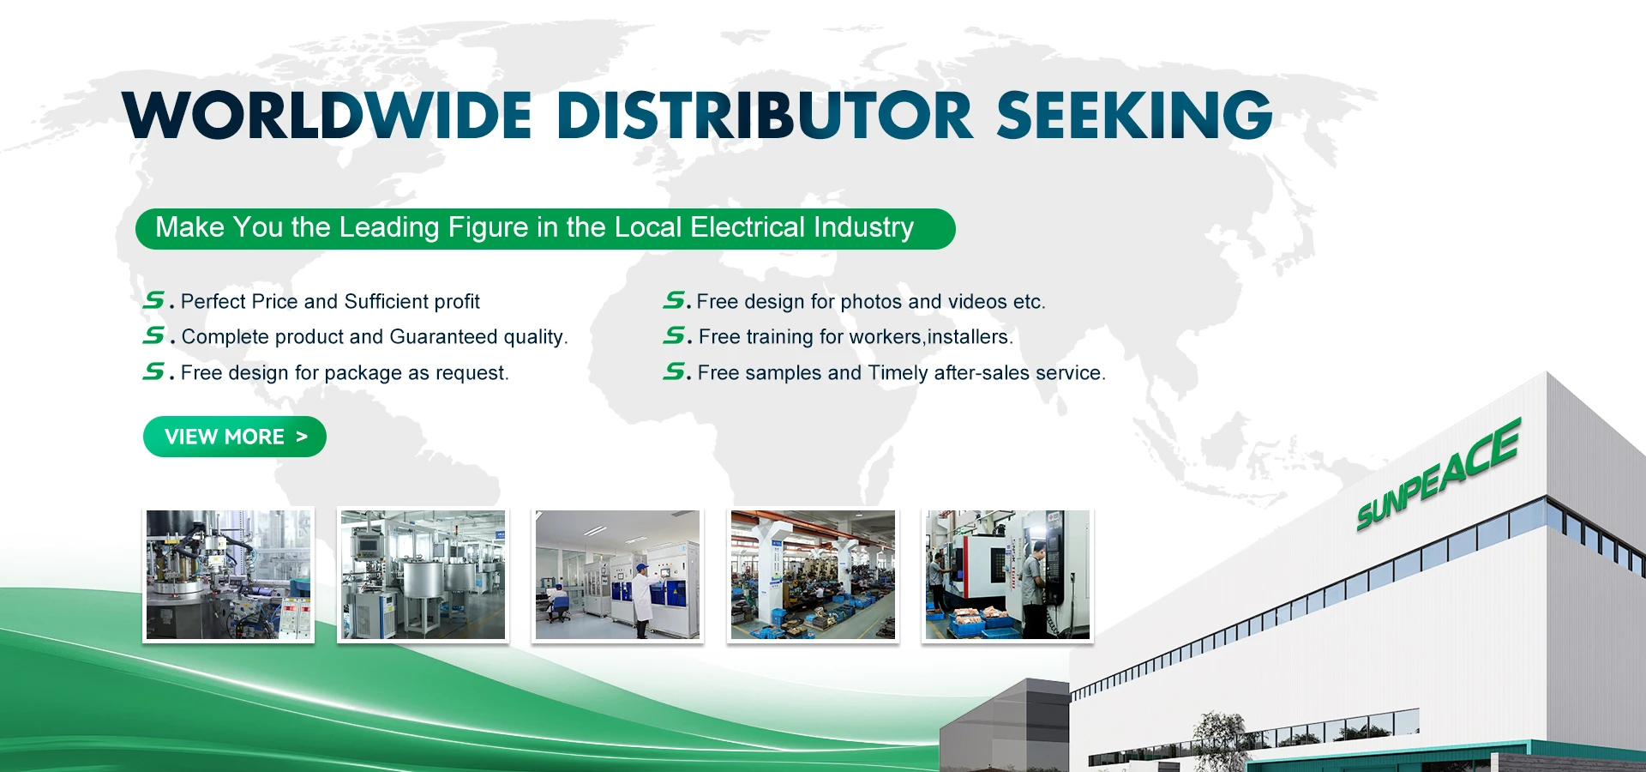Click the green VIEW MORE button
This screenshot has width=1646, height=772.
(234, 437)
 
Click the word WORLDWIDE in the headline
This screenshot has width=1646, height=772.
(327, 115)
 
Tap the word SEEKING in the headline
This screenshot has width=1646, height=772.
(1134, 115)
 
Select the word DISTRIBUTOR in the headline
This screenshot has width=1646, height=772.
(765, 115)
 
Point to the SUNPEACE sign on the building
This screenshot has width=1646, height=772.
(1438, 475)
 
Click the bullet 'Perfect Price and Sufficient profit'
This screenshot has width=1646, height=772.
(330, 301)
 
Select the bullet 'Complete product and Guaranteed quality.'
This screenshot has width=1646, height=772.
(375, 336)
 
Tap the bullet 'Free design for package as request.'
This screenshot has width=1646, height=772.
(345, 372)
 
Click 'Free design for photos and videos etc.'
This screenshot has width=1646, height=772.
(871, 301)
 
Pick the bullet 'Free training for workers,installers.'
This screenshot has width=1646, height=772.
(856, 336)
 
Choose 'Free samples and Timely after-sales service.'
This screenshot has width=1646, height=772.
(902, 372)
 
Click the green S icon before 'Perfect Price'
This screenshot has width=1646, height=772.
(154, 300)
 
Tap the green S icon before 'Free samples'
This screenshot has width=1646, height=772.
(675, 371)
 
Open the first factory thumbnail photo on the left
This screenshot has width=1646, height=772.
(228, 575)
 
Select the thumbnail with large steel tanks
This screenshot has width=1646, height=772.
(423, 575)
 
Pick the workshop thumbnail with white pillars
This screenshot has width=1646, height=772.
(813, 575)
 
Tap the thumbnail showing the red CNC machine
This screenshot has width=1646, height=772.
(1007, 575)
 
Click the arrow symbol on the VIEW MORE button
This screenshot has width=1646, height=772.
(301, 437)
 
